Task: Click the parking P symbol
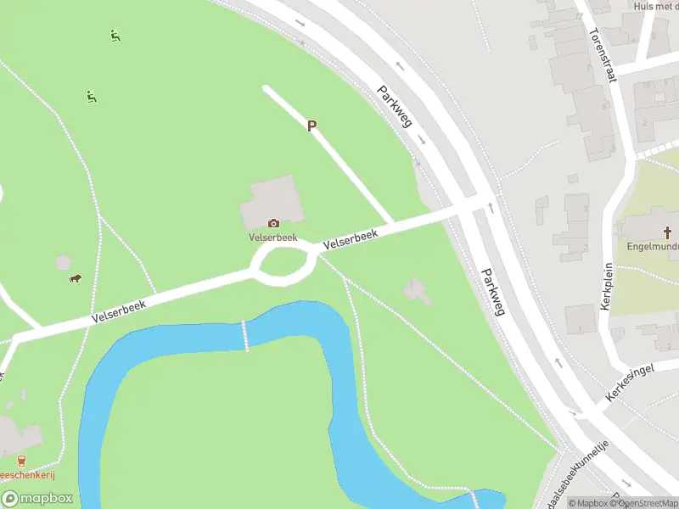311,126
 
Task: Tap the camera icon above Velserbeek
273,223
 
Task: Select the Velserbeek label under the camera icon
271,238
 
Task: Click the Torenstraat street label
600,56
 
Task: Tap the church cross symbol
668,232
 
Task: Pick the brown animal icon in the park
75,278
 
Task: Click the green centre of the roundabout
286,263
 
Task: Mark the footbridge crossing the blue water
245,336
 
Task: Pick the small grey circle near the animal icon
63,263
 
